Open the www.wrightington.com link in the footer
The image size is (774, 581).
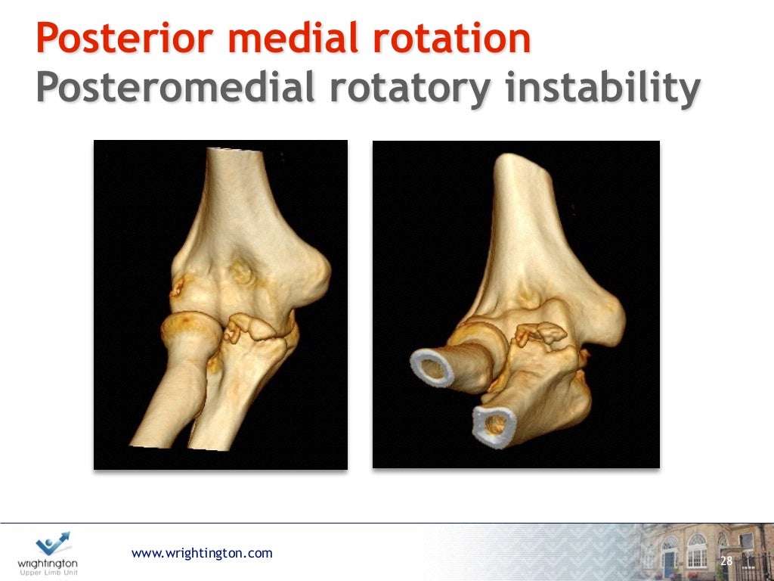(x=202, y=553)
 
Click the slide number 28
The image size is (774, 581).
(x=726, y=561)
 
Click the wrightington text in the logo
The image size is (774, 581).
(x=48, y=563)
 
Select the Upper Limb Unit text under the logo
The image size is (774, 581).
(x=48, y=572)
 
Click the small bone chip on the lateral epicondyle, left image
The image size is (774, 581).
(x=180, y=286)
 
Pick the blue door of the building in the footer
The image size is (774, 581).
(x=670, y=561)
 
